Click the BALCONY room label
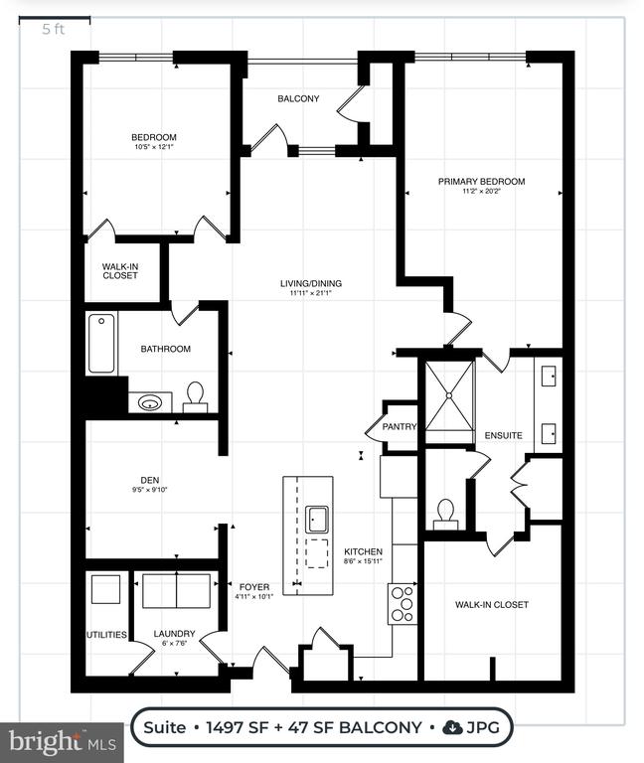[x=298, y=98]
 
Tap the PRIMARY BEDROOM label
[x=481, y=182]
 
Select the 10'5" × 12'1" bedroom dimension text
[x=154, y=146]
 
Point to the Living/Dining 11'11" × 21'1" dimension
[x=310, y=293]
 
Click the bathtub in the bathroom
[x=101, y=343]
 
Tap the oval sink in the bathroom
[x=150, y=402]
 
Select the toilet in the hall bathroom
[x=195, y=396]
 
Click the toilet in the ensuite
[x=445, y=515]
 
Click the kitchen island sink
[x=317, y=520]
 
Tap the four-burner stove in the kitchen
[x=402, y=604]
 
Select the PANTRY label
[x=400, y=427]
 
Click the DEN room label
[x=149, y=480]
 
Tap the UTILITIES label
[x=106, y=635]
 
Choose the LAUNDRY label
[x=174, y=634]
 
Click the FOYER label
[x=254, y=587]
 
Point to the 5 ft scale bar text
[x=53, y=29]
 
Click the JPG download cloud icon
[x=453, y=727]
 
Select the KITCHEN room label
[x=363, y=551]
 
